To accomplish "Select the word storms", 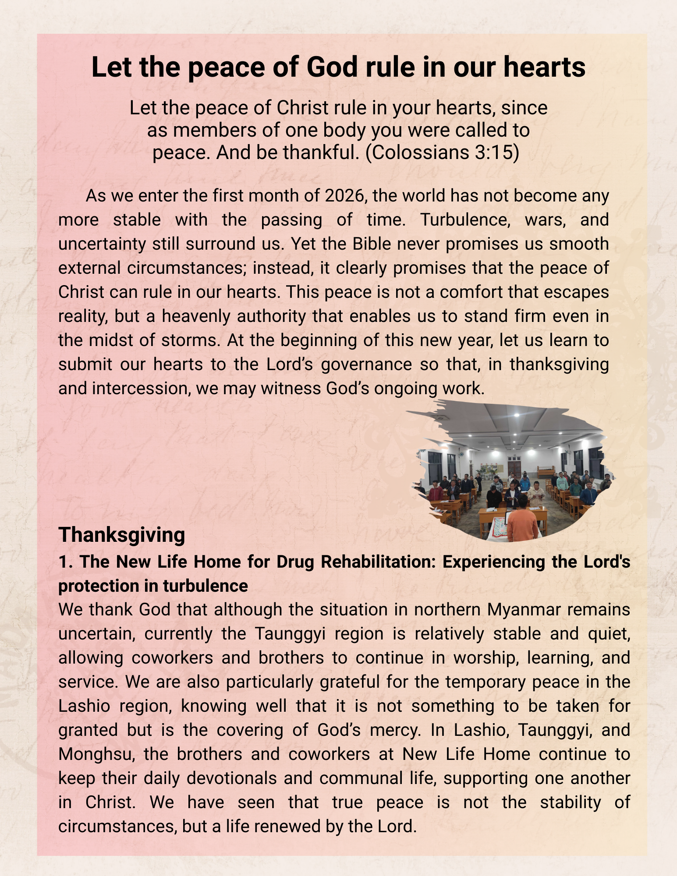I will (190, 340).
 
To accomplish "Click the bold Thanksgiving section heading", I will (122, 535).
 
